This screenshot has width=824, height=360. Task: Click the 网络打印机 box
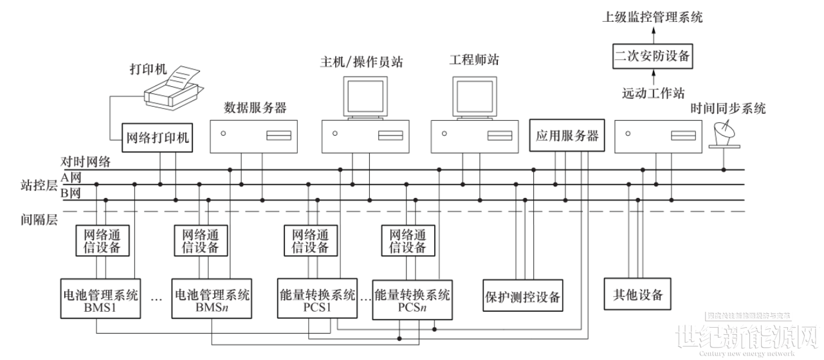coord(158,138)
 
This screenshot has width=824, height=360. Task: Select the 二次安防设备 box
coord(652,57)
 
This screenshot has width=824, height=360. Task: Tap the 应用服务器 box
coord(567,136)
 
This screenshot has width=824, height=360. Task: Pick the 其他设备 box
coord(634,295)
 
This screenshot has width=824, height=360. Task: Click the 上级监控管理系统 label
coord(652,17)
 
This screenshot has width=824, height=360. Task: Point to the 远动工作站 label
coord(652,93)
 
